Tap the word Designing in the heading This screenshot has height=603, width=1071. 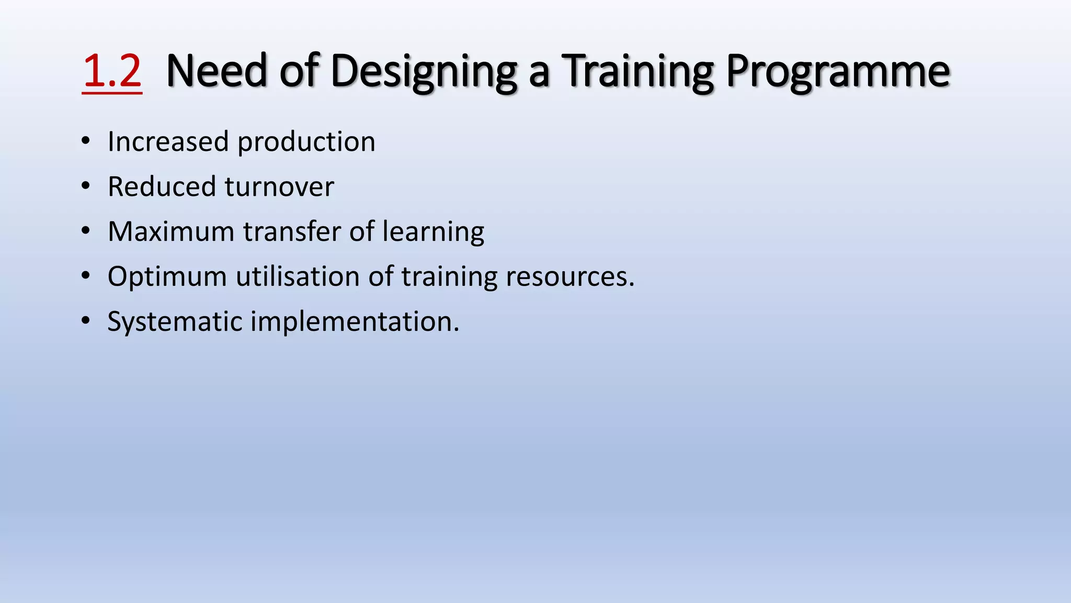424,72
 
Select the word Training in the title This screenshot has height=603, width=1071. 637,72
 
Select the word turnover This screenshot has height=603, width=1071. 279,187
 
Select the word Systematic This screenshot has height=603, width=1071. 175,322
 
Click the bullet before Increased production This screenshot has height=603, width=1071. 86,141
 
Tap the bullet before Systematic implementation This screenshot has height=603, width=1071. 86,321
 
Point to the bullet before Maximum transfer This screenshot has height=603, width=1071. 86,231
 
